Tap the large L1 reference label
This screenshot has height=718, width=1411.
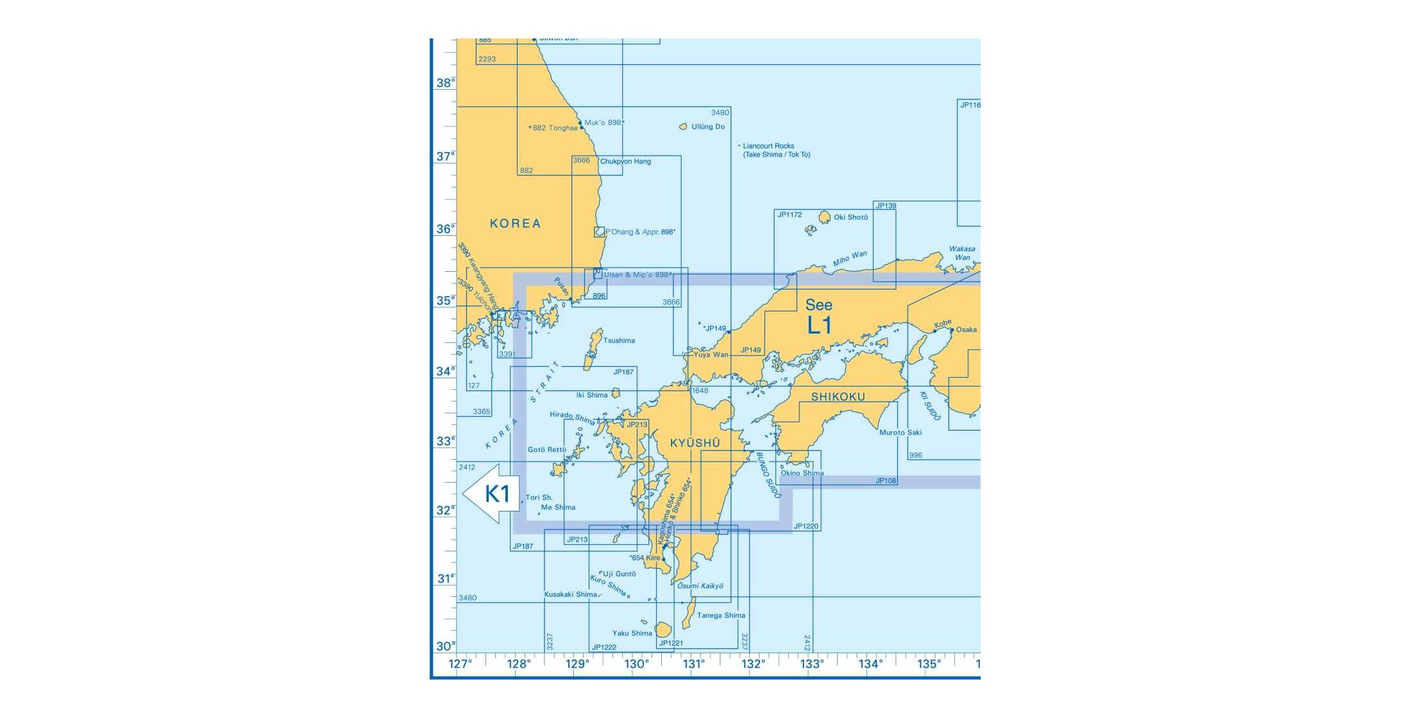point(819,325)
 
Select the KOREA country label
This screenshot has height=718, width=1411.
point(515,223)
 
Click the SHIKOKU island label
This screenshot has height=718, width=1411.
point(838,397)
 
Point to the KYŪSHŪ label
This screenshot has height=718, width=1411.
point(695,443)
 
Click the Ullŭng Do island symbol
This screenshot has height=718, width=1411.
point(683,127)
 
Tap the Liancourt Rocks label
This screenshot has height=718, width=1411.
point(768,146)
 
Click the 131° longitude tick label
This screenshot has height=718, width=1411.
point(694,664)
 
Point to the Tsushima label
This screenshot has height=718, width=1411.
point(619,340)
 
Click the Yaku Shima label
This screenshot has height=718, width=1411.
point(632,633)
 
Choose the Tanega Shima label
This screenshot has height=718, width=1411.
point(721,615)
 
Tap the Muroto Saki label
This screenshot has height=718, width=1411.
point(900,433)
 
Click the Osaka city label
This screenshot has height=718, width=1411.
point(966,330)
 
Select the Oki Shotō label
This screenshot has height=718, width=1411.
point(850,217)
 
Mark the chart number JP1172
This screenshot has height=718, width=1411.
point(790,215)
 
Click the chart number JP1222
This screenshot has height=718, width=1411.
point(604,647)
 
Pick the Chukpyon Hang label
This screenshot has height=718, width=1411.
point(625,162)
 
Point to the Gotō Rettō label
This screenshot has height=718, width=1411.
point(546,450)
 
